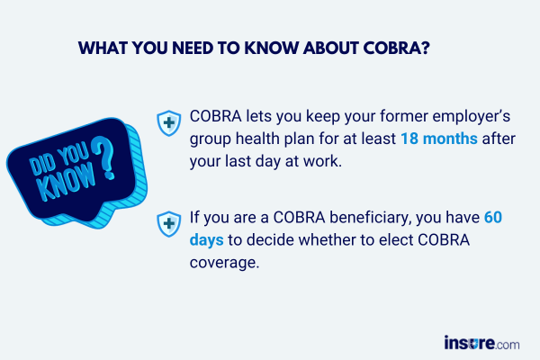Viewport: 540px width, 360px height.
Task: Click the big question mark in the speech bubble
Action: pyautogui.click(x=104, y=157)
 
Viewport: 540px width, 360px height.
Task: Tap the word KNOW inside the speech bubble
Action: pyautogui.click(x=67, y=182)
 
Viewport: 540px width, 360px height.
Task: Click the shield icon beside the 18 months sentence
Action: pyautogui.click(x=169, y=123)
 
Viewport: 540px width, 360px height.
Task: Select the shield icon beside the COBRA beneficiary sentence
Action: pyautogui.click(x=169, y=224)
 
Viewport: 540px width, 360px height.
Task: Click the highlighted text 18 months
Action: pyautogui.click(x=439, y=139)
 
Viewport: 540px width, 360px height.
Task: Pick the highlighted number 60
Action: pyautogui.click(x=493, y=218)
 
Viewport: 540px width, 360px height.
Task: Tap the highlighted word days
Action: pyautogui.click(x=207, y=240)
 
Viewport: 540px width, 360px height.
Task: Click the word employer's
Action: pyautogui.click(x=471, y=117)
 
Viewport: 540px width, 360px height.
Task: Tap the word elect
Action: pyautogui.click(x=396, y=239)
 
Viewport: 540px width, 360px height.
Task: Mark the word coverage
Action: pyautogui.click(x=224, y=263)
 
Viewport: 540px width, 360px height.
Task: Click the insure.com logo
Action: pyautogui.click(x=481, y=343)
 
